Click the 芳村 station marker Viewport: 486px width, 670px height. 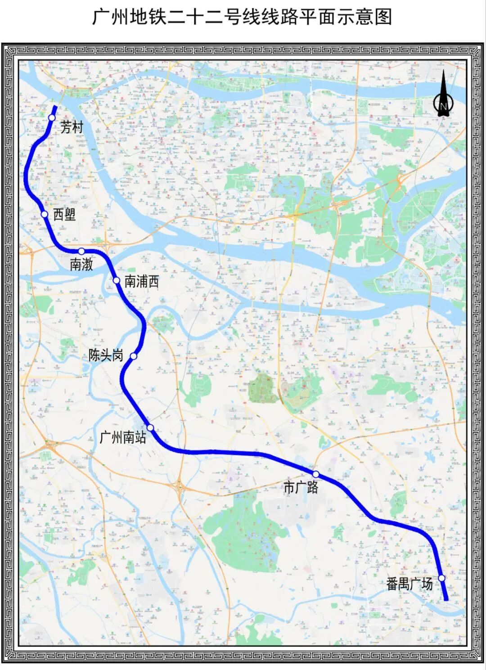click(52, 117)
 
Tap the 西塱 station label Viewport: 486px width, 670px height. click(64, 215)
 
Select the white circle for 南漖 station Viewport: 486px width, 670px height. click(81, 251)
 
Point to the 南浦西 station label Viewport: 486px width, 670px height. click(142, 282)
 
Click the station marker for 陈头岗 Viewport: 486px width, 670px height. click(133, 356)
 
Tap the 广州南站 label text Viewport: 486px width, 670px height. click(123, 437)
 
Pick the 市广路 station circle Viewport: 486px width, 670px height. click(316, 474)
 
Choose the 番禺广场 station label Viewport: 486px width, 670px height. click(409, 584)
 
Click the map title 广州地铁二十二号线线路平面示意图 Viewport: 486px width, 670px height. click(243, 18)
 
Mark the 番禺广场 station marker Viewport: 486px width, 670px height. click(442, 578)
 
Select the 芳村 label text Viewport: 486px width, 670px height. click(72, 127)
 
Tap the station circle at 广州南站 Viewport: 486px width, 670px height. click(150, 427)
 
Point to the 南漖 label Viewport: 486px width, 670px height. click(81, 264)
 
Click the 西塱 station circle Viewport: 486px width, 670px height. click(45, 214)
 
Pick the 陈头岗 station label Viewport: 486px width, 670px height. click(106, 355)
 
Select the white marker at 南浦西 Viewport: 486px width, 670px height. click(117, 281)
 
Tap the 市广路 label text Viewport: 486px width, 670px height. click(301, 487)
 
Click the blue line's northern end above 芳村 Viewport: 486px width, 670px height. click(55, 107)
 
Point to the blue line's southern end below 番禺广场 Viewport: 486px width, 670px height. click(446, 599)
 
